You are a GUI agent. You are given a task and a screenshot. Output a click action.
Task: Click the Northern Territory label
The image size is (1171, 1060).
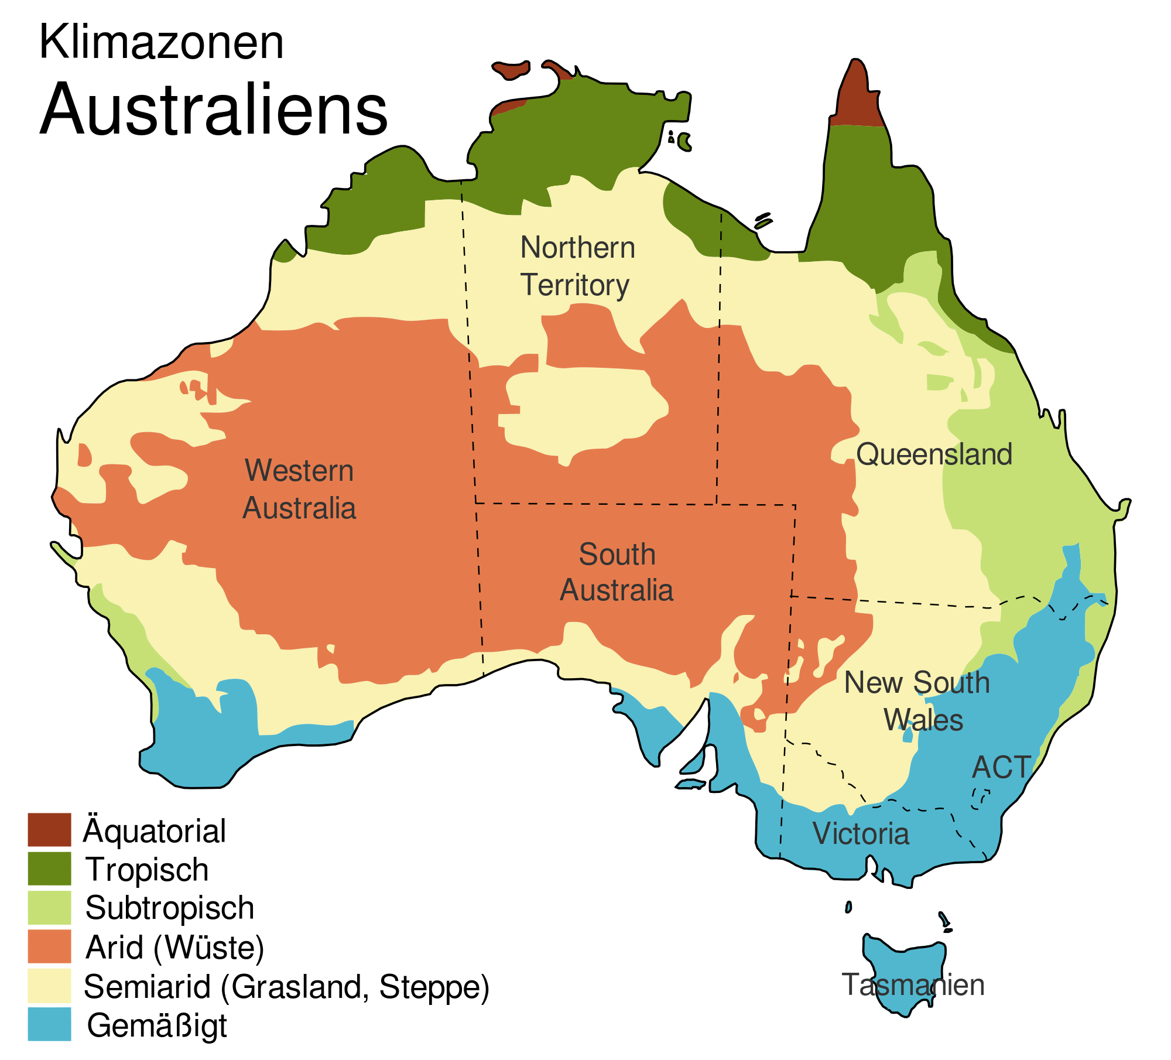coord(577,266)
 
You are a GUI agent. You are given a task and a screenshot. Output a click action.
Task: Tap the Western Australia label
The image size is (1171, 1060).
coord(299,489)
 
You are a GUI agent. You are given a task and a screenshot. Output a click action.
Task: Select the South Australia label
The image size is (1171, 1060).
coord(617,572)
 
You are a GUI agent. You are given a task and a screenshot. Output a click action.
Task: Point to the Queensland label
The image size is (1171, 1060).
coord(934,454)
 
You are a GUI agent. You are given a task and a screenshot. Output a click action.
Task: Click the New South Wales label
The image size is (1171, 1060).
coord(917,701)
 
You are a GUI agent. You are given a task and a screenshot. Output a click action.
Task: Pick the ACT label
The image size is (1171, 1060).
coord(1001,767)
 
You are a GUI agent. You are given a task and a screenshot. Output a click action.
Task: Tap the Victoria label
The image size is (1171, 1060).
coord(861,833)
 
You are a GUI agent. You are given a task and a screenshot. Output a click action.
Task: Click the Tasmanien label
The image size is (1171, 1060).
coord(913,984)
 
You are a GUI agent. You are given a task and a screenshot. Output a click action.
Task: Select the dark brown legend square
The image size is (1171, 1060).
coord(49,829)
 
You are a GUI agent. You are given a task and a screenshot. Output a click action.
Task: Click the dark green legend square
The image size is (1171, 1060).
coord(49,868)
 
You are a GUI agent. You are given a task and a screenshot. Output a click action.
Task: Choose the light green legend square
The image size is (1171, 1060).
coord(49,907)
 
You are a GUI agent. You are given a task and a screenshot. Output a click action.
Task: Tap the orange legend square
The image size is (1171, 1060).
coord(49,946)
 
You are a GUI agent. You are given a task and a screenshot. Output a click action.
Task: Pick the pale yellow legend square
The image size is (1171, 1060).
coord(49,985)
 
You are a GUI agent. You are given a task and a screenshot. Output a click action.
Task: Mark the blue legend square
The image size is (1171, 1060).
coord(49,1024)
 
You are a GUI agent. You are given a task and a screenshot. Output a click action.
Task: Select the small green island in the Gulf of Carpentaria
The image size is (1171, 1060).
coord(683,141)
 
